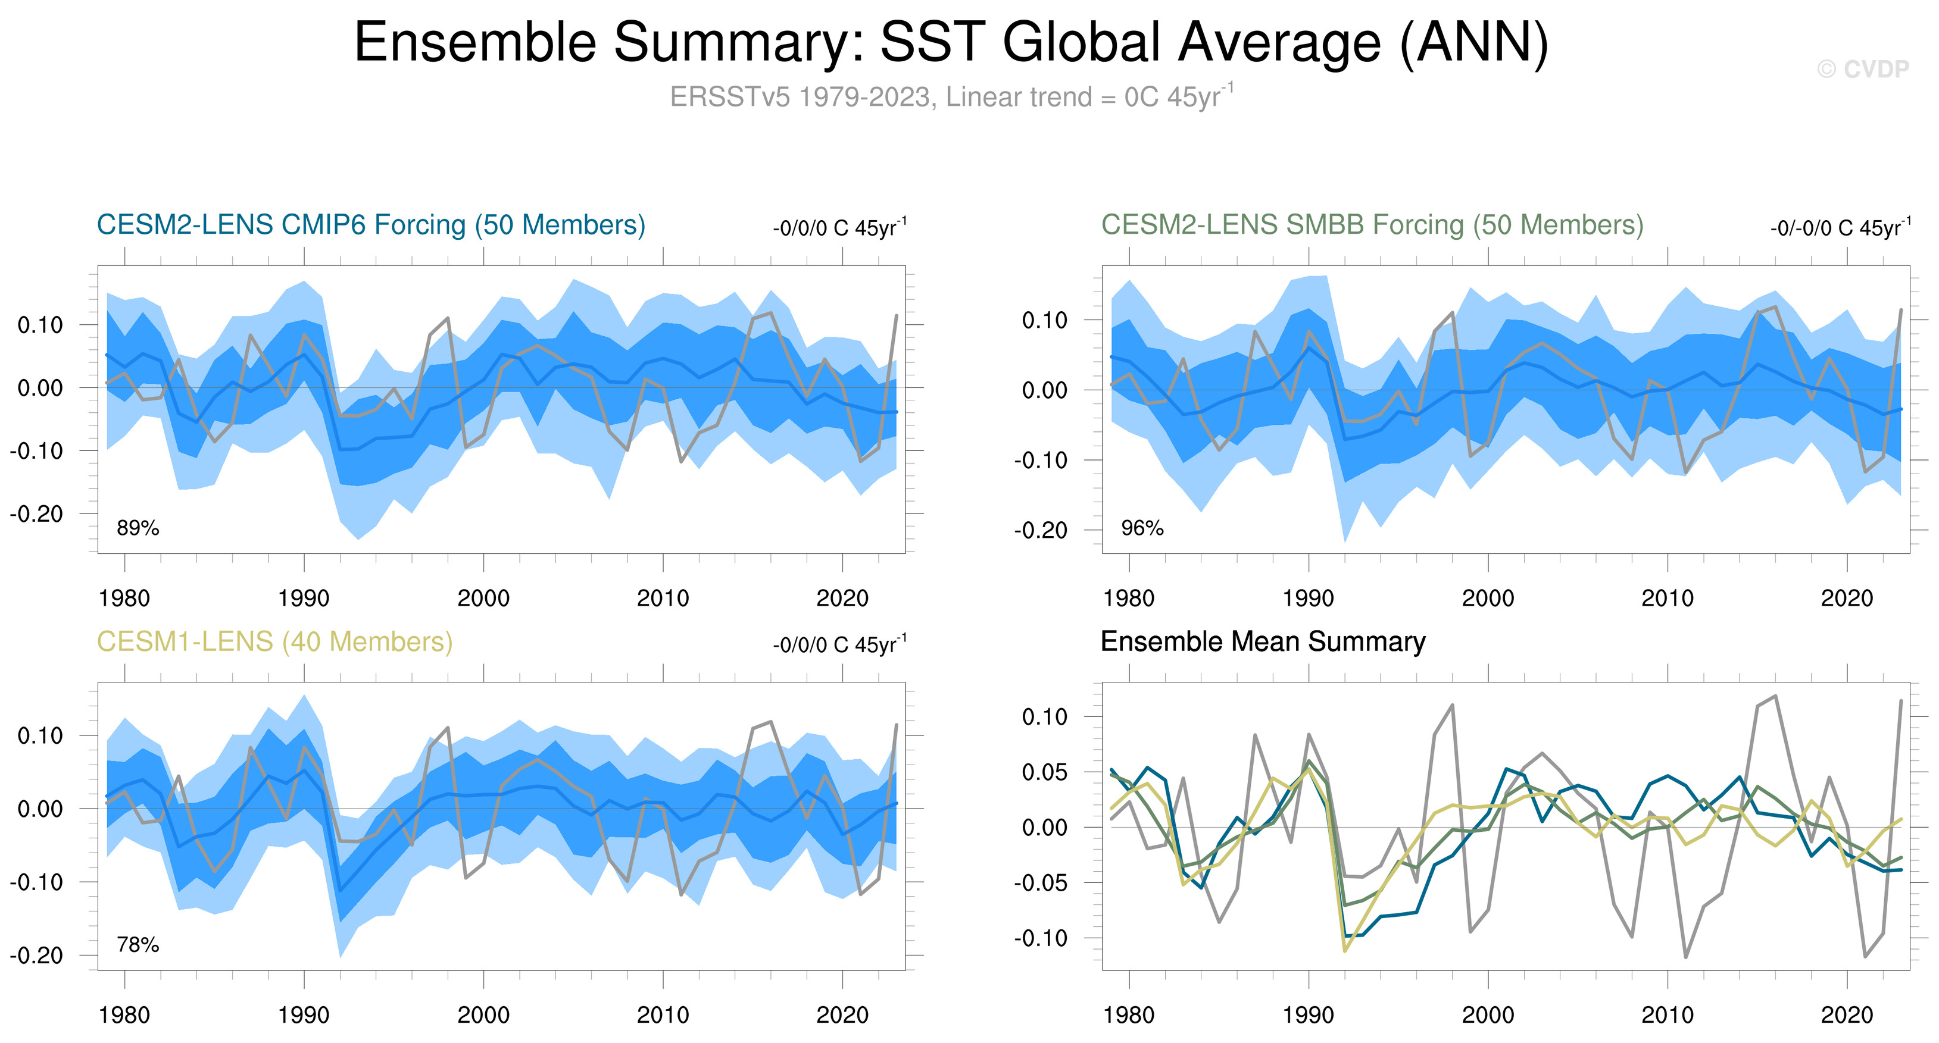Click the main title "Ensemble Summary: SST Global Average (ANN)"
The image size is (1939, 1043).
coord(951,42)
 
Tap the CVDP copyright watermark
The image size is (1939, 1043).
coord(1863,69)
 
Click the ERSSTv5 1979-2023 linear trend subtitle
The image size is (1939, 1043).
coord(951,97)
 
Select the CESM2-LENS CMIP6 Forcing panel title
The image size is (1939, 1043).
coord(371,225)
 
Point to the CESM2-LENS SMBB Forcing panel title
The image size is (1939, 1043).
coord(1372,225)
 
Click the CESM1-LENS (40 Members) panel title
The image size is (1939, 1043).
coord(274,642)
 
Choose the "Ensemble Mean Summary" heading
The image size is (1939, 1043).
coord(1262,642)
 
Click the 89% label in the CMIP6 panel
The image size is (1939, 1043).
coord(138,528)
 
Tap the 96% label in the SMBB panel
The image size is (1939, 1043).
coord(1142,528)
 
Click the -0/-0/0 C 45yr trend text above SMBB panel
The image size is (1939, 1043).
coord(1840,227)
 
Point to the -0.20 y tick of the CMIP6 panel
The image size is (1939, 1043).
coord(36,514)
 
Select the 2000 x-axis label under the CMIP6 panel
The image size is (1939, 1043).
coord(483,599)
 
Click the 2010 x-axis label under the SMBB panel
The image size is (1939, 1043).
coord(1668,599)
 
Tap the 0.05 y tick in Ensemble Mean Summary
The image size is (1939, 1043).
coord(1045,772)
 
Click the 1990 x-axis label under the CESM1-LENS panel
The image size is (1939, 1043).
coord(304,1015)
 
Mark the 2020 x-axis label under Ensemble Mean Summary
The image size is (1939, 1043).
coord(1846,1015)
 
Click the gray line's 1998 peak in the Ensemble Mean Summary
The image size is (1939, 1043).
coord(1452,705)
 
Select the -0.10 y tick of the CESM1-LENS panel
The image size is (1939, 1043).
coord(36,882)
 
